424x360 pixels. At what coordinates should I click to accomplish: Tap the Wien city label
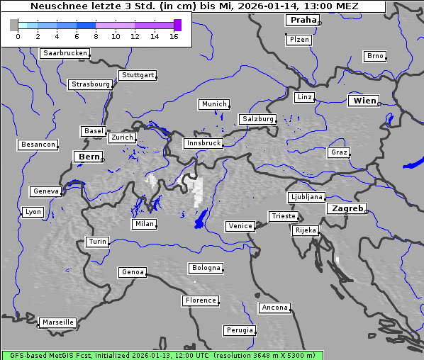pos(364,101)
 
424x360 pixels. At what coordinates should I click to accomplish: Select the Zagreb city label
pos(346,208)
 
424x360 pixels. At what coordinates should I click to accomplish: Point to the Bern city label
pos(89,157)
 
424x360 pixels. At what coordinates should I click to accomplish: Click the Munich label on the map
pos(214,104)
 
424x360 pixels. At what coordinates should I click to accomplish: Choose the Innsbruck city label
pos(203,143)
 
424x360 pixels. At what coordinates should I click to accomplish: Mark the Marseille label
pos(58,322)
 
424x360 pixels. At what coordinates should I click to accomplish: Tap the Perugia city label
pos(240,330)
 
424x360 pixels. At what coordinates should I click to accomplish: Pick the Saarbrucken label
pos(65,53)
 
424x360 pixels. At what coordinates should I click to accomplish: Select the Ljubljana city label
pos(307,197)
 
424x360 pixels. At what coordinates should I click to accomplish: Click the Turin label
pos(98,242)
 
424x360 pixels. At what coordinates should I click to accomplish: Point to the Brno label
pos(375,56)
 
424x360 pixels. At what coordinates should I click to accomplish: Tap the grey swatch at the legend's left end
pos(14,25)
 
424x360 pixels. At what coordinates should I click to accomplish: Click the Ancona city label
pos(274,308)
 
